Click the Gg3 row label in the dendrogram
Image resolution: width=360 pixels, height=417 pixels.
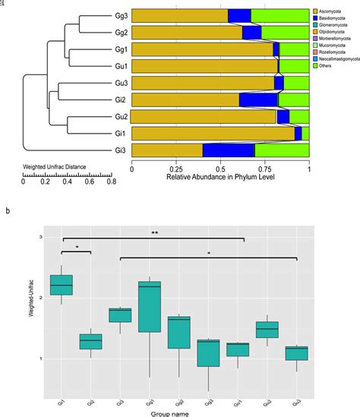point(122,15)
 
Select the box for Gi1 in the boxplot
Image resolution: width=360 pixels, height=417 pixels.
point(61,285)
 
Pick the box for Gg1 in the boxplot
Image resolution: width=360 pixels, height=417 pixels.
point(150,307)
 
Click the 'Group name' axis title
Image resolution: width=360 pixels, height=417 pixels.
point(178,412)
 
